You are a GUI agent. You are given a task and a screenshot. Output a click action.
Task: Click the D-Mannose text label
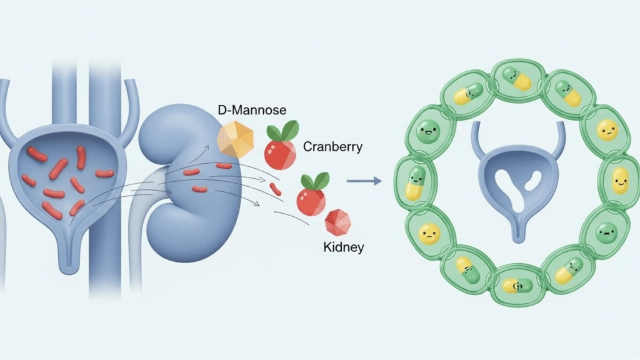pos(252,111)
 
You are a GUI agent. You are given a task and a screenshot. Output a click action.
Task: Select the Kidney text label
pos(343,247)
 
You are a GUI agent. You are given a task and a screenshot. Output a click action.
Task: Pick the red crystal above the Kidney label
pos(338,222)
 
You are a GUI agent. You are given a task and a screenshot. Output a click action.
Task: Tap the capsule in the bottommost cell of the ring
pos(517,286)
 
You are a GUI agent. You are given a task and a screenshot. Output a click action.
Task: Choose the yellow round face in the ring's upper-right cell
pos(606,131)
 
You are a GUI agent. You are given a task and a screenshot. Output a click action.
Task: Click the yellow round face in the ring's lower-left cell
pos(429,234)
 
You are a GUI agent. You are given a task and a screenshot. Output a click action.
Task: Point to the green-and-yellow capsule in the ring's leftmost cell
pos(415,183)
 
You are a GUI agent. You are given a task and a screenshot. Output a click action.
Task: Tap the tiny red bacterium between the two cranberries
pos(276,188)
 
